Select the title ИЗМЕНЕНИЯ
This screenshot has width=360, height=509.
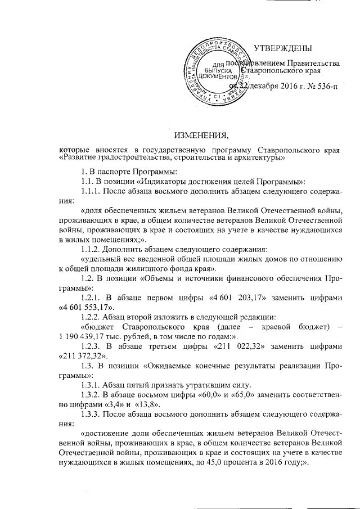(x=201, y=135)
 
